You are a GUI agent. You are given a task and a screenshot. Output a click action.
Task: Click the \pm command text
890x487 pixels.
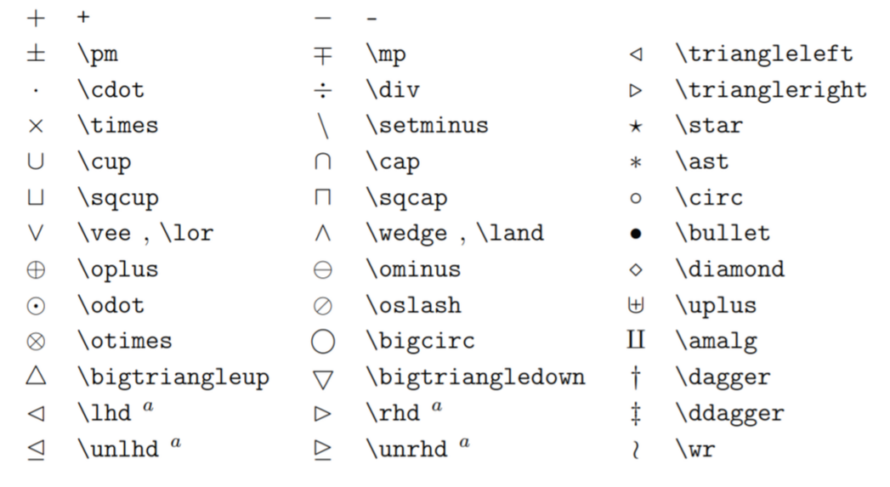pos(98,55)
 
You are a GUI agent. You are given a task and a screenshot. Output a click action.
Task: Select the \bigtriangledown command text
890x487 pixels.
pos(475,377)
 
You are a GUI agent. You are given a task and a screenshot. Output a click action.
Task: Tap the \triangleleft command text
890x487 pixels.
pos(764,54)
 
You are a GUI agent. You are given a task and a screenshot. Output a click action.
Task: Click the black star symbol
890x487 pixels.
pos(636,127)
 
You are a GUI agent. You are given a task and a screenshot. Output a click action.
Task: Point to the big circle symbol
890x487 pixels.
pos(323,342)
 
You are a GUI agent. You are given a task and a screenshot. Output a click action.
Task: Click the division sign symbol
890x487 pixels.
pos(323,90)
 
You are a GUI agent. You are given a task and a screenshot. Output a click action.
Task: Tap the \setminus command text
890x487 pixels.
pos(427,126)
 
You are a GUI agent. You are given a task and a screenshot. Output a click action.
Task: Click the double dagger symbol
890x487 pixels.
pos(636,413)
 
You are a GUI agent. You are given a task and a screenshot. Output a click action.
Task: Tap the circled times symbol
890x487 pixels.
pos(36,342)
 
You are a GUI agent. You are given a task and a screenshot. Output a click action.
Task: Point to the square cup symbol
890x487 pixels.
pos(36,198)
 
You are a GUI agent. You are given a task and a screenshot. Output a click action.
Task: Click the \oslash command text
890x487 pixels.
pos(413,305)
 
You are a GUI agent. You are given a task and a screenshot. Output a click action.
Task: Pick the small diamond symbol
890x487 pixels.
pos(636,270)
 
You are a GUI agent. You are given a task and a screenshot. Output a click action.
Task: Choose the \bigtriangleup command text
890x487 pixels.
pos(173,377)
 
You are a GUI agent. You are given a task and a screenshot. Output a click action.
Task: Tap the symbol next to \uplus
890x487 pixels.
pos(636,306)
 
